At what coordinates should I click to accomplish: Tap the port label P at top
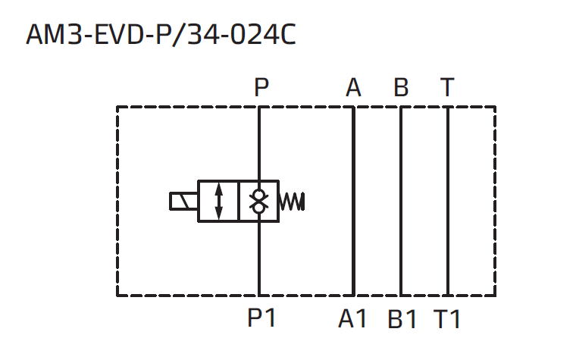click(261, 89)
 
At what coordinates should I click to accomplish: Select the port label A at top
click(353, 89)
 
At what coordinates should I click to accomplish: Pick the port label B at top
click(401, 89)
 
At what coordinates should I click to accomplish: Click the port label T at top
click(448, 89)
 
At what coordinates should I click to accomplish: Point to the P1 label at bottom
click(261, 319)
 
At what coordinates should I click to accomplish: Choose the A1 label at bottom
click(352, 319)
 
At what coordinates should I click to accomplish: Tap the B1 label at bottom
click(402, 319)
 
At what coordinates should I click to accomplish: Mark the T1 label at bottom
click(448, 319)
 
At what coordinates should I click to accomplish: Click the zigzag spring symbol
click(293, 202)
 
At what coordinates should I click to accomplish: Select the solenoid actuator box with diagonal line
click(183, 202)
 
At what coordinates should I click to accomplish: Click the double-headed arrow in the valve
click(219, 202)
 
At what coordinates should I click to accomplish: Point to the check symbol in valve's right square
click(259, 202)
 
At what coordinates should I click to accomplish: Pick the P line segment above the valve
click(259, 144)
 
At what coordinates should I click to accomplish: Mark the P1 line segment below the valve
click(259, 258)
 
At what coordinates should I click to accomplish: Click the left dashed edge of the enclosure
click(117, 201)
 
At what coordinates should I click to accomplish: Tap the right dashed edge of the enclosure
click(495, 201)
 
